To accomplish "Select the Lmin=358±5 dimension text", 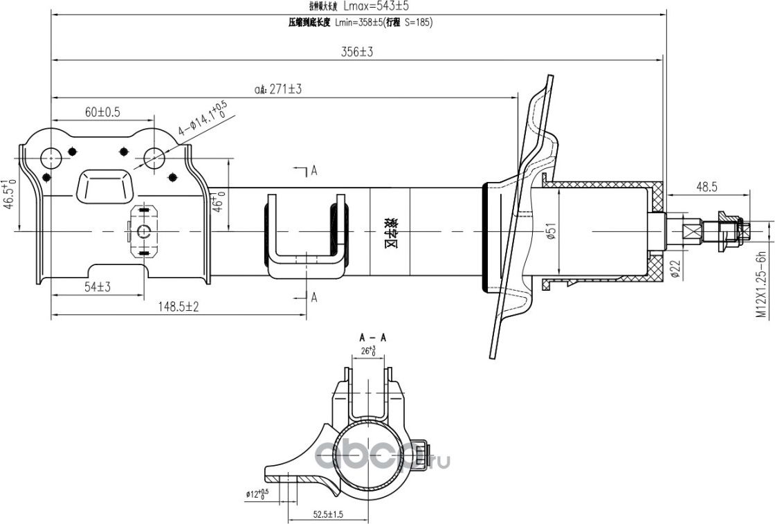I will click(x=360, y=22).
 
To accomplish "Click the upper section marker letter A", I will click(x=313, y=170).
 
